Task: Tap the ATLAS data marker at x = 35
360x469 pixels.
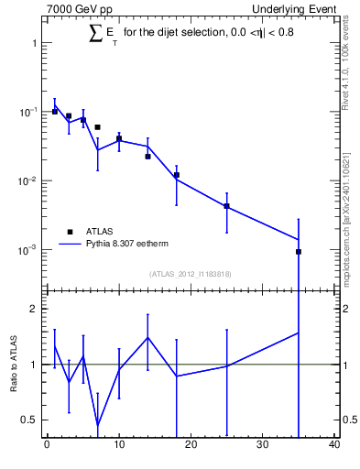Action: (x=299, y=251)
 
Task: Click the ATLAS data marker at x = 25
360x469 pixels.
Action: (x=226, y=206)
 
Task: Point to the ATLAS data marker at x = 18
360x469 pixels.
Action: (x=176, y=175)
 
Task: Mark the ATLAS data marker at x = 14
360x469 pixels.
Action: (x=147, y=157)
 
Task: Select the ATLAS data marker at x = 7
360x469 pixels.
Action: (x=97, y=127)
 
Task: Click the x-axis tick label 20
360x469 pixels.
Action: (x=191, y=446)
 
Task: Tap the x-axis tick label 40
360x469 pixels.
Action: (x=334, y=446)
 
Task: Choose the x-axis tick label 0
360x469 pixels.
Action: (x=47, y=446)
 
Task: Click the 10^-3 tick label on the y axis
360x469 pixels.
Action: (x=29, y=250)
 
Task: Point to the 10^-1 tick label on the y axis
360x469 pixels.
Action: (x=29, y=112)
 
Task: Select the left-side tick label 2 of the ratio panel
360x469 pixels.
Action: (x=33, y=309)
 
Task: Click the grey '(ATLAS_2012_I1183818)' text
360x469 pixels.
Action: (x=190, y=274)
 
